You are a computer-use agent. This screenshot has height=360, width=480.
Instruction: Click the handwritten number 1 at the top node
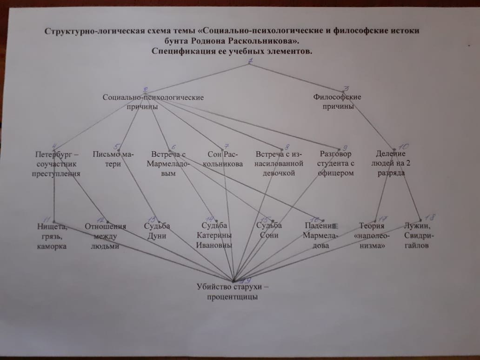(x=250, y=60)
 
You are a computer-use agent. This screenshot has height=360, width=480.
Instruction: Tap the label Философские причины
(x=337, y=102)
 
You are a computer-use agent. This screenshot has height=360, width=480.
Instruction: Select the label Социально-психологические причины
(x=153, y=102)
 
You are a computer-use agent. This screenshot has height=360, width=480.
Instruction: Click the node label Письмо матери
(x=113, y=159)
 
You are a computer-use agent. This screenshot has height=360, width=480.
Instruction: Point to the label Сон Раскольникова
(x=222, y=159)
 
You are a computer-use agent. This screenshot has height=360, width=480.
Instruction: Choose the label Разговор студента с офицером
(x=335, y=163)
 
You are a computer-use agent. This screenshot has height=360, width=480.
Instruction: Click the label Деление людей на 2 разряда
(x=391, y=163)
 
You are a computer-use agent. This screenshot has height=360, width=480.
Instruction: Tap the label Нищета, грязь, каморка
(x=52, y=236)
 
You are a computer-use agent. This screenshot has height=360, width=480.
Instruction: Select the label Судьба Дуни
(x=157, y=231)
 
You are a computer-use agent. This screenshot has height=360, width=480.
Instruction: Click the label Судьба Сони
(x=269, y=230)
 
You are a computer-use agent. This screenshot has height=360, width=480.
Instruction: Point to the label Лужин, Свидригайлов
(x=416, y=236)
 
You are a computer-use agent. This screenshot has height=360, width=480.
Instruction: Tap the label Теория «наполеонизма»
(x=372, y=236)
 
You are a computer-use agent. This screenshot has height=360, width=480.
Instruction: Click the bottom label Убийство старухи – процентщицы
(x=233, y=292)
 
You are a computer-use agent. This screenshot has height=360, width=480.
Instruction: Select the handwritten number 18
(x=430, y=218)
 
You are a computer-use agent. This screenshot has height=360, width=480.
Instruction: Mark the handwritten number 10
(x=403, y=147)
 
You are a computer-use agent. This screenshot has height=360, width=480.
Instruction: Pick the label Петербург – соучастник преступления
(x=56, y=164)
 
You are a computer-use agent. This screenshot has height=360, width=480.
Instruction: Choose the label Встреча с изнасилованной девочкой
(x=279, y=163)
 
